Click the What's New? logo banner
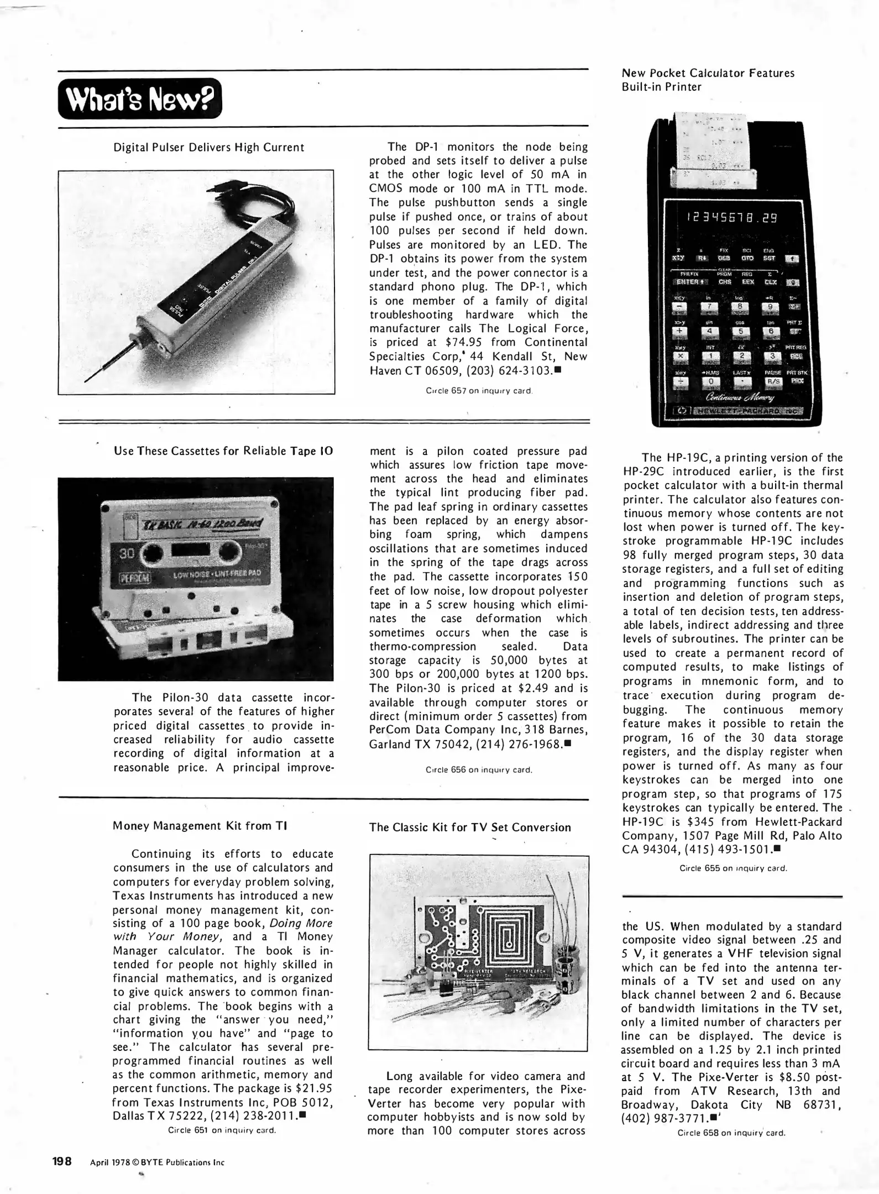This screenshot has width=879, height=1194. pos(139,98)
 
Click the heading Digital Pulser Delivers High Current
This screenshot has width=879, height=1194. pos(208,148)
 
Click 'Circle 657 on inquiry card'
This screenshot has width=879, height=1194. pos(479,391)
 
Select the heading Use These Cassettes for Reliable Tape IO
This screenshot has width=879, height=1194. pos(223,451)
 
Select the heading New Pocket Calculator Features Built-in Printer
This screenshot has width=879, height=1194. pos(708,80)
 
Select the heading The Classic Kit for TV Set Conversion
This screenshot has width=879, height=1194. pos(469,828)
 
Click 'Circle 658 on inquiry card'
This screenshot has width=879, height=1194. pos(731,1133)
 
